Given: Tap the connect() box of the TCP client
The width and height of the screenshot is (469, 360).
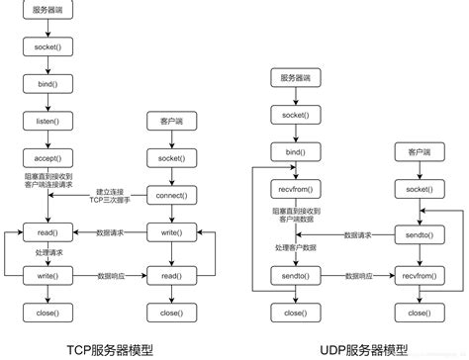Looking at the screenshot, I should (169, 194).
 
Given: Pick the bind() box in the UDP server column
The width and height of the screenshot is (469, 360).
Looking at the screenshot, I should (295, 152).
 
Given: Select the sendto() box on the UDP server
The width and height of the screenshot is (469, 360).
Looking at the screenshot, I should (295, 273).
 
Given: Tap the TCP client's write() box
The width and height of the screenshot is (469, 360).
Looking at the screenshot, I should (169, 232).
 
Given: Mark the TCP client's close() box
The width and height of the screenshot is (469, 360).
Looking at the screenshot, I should (169, 313).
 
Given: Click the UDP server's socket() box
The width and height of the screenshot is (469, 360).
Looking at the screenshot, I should (295, 115).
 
